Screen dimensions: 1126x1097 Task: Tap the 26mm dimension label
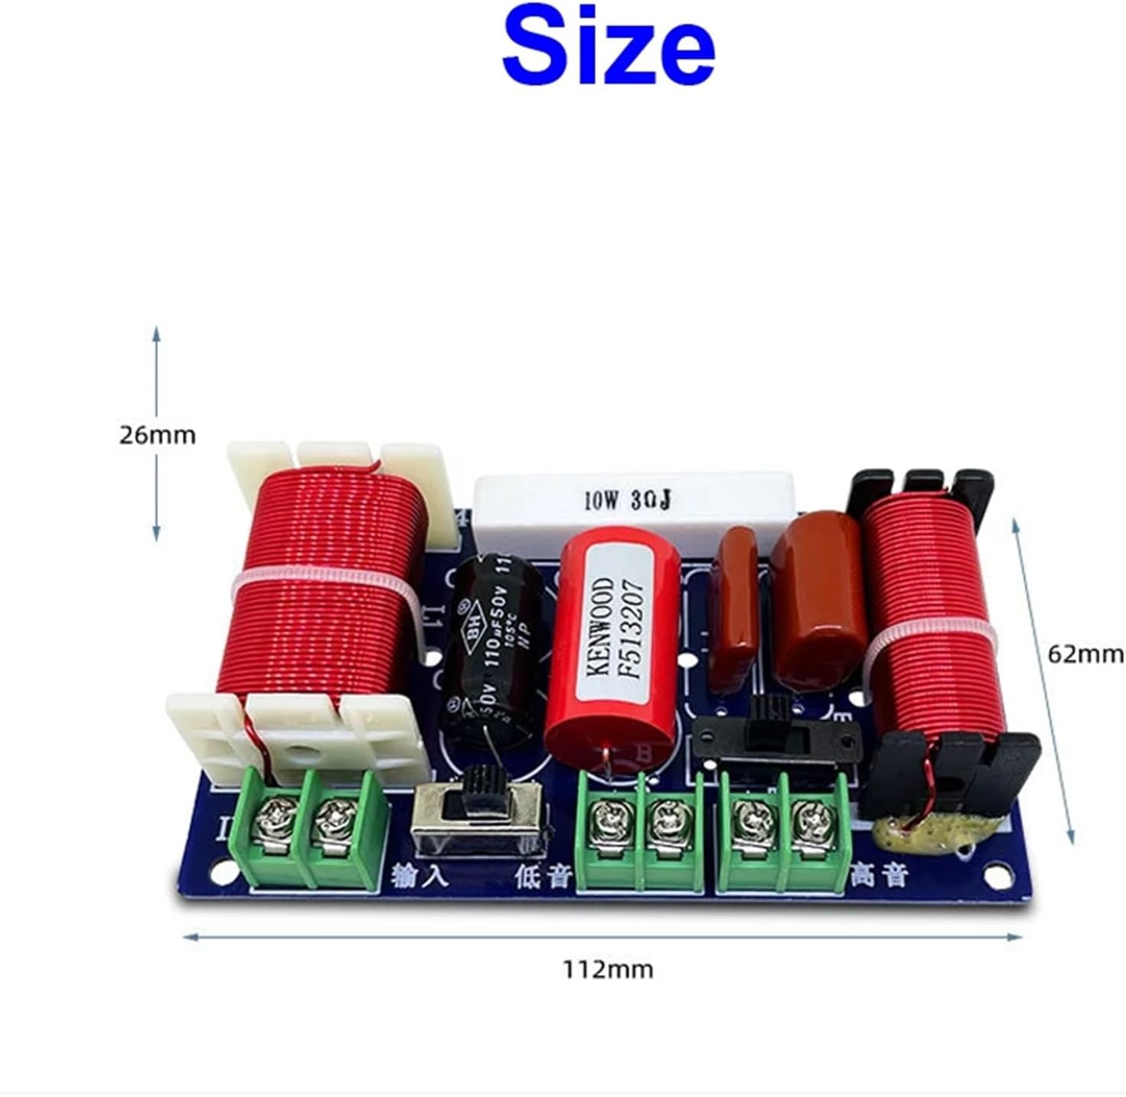(157, 435)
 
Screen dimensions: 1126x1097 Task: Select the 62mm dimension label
(1085, 654)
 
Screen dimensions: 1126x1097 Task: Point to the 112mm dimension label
(609, 969)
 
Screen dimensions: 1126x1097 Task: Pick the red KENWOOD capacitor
(612, 643)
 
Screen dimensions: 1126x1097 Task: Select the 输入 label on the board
(419, 875)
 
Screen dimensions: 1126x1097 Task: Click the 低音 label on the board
(543, 875)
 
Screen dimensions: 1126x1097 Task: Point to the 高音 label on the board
(880, 873)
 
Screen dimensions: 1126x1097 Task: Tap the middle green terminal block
(639, 831)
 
